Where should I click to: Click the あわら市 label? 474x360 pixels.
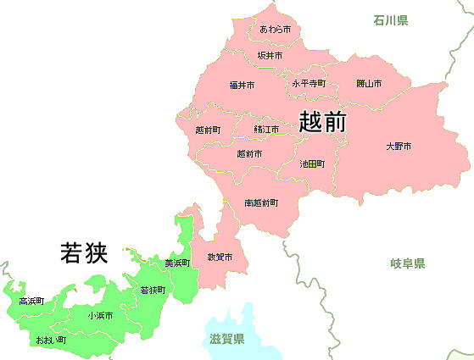point(276,30)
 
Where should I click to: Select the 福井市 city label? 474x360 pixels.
point(241,85)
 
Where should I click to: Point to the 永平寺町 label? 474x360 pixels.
point(309,84)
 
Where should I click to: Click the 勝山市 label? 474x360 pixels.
point(369,84)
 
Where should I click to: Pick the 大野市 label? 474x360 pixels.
point(399,147)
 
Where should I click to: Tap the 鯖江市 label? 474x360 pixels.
point(266,130)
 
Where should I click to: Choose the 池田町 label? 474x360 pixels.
point(312,163)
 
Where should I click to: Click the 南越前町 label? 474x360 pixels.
point(260,203)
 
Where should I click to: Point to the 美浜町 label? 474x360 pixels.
point(177,263)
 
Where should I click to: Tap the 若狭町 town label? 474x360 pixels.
point(153,290)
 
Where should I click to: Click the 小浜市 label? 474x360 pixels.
point(99,315)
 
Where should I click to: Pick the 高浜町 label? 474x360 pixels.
point(31,301)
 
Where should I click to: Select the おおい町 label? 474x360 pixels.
point(51,340)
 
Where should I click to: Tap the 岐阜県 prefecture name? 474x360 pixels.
point(408,264)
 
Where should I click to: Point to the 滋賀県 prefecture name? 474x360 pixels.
point(226,339)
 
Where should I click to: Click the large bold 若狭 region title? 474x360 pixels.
point(84,252)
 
